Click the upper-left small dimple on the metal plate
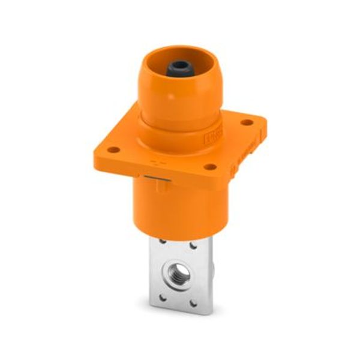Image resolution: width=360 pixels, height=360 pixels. [x=163, y=241]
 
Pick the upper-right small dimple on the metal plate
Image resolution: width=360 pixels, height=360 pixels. [x=193, y=245]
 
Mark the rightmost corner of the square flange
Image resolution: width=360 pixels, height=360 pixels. [x=265, y=122]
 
